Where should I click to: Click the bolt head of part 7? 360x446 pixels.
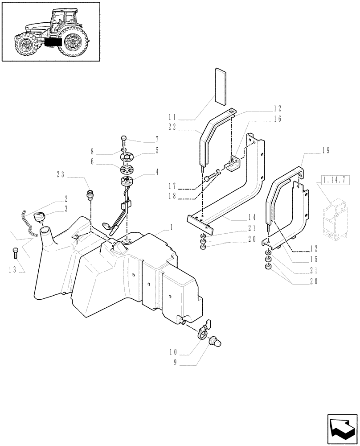pos(124,138)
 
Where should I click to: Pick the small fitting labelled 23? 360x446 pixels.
pos(90,195)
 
